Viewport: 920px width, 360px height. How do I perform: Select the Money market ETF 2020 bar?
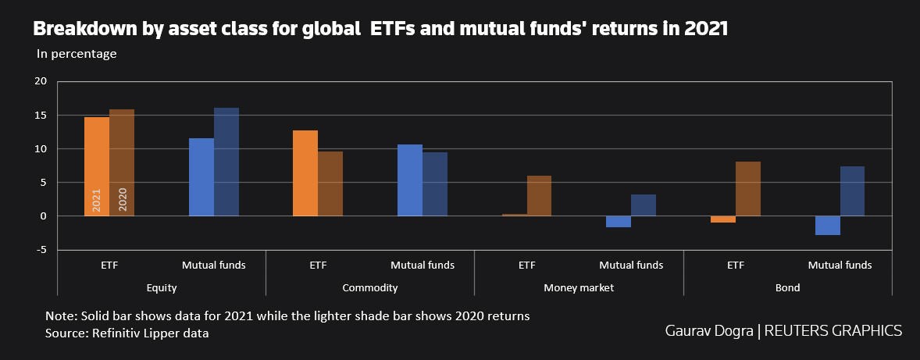click(539, 196)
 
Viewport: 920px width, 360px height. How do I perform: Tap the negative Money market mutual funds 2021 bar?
click(619, 222)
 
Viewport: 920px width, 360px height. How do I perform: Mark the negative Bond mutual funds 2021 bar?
click(827, 226)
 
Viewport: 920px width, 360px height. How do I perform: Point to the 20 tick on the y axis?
click(41, 81)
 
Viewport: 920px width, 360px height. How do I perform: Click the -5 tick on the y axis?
click(42, 250)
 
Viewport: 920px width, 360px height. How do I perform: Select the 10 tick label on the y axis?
click(41, 148)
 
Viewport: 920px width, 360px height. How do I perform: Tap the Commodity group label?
click(370, 287)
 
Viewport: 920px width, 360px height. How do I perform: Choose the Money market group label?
click(579, 287)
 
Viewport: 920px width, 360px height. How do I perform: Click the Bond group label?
click(787, 287)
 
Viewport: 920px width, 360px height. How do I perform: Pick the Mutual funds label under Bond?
click(840, 265)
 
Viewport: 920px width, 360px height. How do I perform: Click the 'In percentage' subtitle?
click(77, 54)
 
